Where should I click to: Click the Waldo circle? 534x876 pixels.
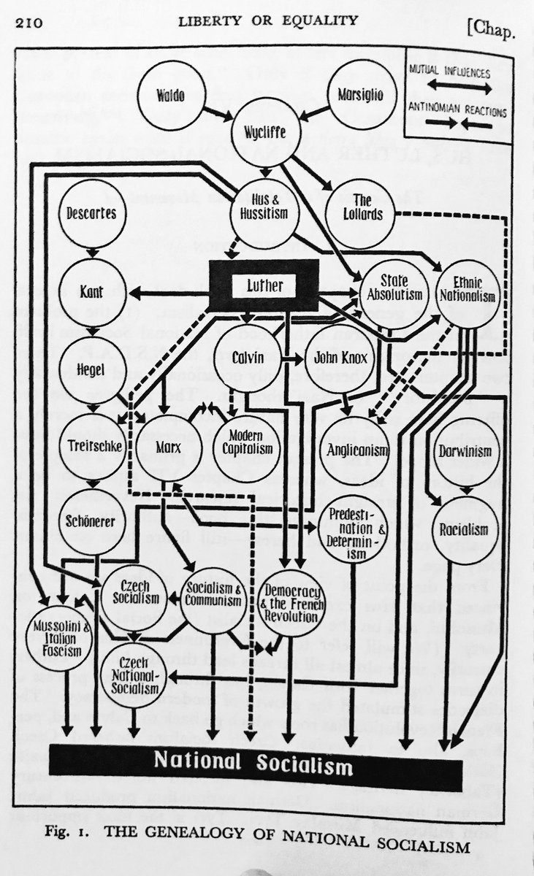click(170, 94)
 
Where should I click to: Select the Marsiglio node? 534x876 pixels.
click(360, 95)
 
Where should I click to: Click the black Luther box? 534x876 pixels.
click(264, 285)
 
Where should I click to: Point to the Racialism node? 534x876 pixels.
click(465, 530)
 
